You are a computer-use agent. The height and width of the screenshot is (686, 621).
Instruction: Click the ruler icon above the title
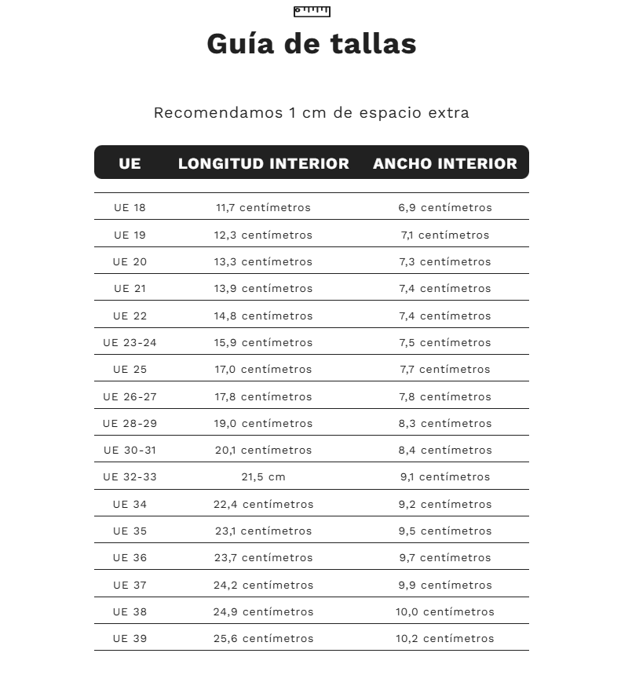312,11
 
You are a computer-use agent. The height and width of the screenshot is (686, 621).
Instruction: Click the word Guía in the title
240,44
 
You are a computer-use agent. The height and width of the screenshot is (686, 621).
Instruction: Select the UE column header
130,163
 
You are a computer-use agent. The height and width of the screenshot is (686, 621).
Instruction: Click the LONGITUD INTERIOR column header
263,163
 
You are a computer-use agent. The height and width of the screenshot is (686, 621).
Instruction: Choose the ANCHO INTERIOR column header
444,163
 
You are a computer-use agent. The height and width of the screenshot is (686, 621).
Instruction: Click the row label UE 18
130,208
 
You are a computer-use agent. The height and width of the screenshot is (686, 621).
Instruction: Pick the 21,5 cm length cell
263,477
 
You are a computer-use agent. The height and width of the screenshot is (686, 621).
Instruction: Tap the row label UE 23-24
130,343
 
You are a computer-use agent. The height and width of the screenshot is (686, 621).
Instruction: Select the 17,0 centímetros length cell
263,370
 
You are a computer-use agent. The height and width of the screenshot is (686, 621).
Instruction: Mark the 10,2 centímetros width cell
444,639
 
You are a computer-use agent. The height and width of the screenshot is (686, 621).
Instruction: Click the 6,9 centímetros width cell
444,208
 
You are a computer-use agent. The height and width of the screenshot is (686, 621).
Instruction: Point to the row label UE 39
130,639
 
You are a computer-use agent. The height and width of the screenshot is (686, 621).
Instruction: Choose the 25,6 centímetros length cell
263,639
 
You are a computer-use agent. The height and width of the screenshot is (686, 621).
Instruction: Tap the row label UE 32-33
130,477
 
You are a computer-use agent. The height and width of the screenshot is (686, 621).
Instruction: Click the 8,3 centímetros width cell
444,424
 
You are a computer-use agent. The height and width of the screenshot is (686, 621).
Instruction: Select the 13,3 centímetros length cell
263,262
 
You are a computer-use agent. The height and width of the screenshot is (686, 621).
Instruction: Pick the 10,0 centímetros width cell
444,612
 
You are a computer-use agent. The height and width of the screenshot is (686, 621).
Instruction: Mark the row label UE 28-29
130,424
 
